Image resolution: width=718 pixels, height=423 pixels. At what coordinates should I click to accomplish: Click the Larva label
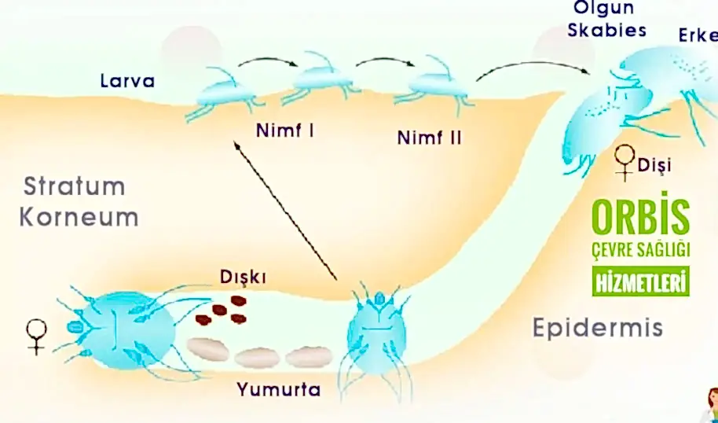tap(127, 80)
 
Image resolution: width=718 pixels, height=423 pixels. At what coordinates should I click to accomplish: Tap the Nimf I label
tap(285, 130)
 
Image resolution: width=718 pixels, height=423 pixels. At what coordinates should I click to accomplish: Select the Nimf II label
tap(430, 138)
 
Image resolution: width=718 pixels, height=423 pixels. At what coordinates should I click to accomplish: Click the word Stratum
tap(74, 186)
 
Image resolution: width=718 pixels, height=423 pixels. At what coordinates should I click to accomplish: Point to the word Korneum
tap(79, 217)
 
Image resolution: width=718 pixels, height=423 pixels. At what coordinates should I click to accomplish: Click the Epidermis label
tap(598, 326)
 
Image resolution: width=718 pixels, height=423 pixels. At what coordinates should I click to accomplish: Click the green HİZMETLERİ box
tap(640, 281)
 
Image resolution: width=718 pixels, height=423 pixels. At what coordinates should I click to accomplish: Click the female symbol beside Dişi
tap(625, 162)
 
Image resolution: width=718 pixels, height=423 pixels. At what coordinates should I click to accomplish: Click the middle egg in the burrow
tap(258, 358)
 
